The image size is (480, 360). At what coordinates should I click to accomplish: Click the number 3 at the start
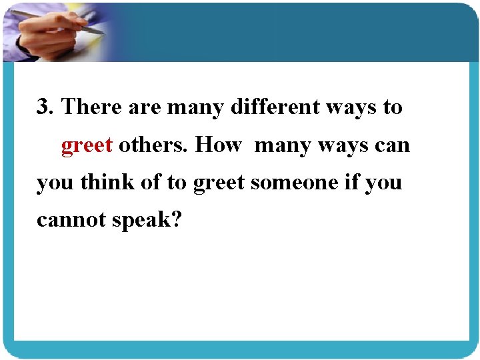click(x=44, y=107)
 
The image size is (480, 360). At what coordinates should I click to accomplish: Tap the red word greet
click(x=87, y=145)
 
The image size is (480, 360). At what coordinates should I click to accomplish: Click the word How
click(x=218, y=145)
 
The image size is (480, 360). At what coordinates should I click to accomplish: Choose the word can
click(x=395, y=145)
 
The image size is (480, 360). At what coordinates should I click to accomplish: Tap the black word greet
click(x=219, y=183)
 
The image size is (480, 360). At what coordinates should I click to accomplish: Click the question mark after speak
click(x=175, y=220)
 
